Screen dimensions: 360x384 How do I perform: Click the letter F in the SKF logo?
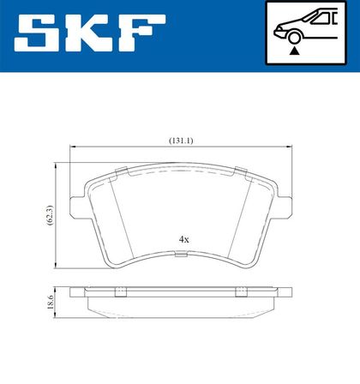[x=142, y=33]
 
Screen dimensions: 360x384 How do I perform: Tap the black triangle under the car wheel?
[x=294, y=51]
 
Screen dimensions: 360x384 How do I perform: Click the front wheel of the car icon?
[x=294, y=39]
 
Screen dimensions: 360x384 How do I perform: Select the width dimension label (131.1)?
[x=181, y=141]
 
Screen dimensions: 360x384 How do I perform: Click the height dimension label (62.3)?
[x=50, y=215]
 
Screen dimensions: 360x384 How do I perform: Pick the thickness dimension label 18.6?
[x=51, y=303]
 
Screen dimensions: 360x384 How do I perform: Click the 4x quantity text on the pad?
[x=183, y=239]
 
